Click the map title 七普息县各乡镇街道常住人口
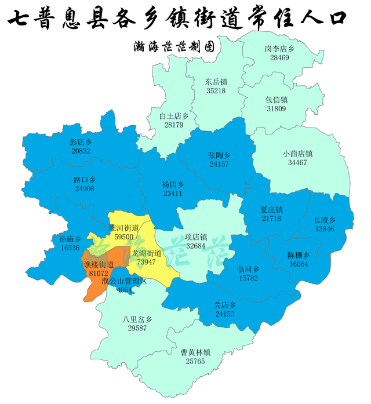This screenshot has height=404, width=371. coord(178,18)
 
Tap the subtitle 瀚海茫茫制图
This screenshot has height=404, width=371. coord(173,46)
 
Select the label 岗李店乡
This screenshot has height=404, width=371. coord(275,49)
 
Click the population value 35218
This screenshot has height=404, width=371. coord(216,91)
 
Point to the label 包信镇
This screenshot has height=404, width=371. coord(277,100)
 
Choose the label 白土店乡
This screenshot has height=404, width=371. coord(174,116)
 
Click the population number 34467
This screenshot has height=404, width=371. coord(297,163)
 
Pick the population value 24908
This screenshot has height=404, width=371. coord(85,189)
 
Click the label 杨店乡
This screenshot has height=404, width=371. coord(172,184)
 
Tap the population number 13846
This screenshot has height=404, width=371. coord(325,229)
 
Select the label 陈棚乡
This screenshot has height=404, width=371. coord(299,255)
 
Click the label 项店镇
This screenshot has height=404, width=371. coord(196,237)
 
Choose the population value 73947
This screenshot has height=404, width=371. coord(146,263)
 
